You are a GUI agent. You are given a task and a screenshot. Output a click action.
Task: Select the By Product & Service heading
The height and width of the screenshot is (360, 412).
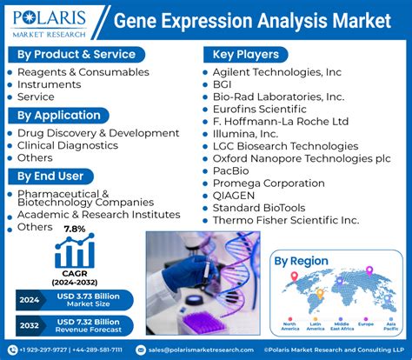tap(76, 54)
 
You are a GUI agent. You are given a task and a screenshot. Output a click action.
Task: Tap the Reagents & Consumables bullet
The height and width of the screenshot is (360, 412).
tap(83, 72)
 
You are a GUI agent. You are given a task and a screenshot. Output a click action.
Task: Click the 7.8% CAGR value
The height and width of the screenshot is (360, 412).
tap(74, 230)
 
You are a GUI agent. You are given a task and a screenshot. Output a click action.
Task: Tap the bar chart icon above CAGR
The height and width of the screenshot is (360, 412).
tap(74, 252)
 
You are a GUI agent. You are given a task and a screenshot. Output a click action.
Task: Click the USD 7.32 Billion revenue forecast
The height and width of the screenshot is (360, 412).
tap(96, 327)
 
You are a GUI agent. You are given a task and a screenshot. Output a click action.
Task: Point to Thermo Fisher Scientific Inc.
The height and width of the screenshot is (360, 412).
tap(285, 221)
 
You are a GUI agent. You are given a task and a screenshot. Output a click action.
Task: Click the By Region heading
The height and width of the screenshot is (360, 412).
tap(301, 261)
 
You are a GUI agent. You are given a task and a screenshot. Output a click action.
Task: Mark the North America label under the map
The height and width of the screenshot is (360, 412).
tap(289, 329)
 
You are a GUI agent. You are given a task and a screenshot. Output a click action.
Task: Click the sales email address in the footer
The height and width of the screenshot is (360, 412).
tap(200, 350)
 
